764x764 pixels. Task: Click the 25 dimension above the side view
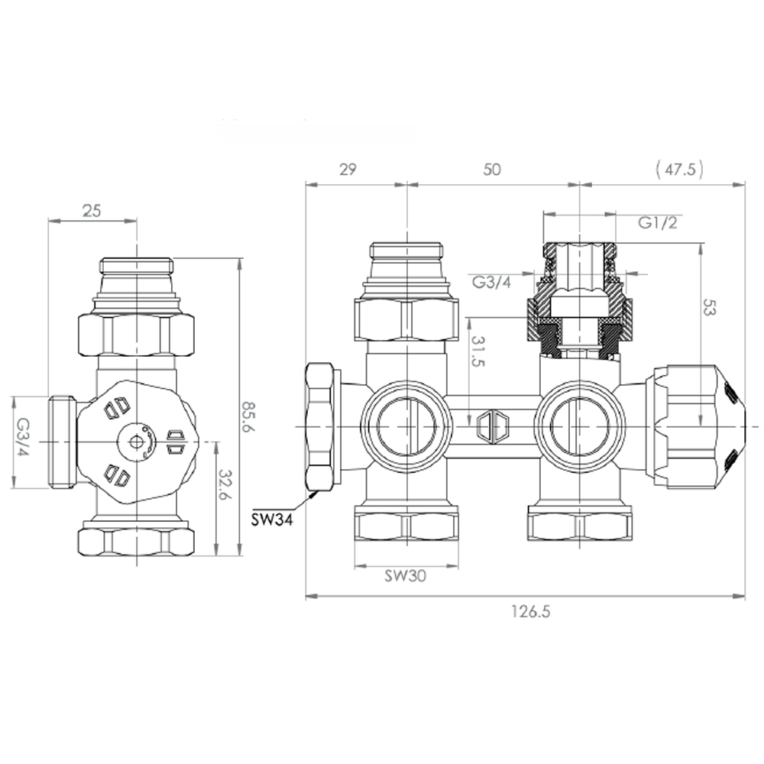pyautogui.click(x=92, y=211)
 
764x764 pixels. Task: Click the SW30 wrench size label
pyautogui.click(x=405, y=577)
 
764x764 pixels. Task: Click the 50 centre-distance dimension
pyautogui.click(x=493, y=170)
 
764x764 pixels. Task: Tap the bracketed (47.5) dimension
pyautogui.click(x=679, y=170)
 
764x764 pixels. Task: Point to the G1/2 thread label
pyautogui.click(x=659, y=223)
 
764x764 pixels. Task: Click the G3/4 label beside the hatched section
pyautogui.click(x=490, y=282)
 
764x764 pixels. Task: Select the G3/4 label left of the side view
pyautogui.click(x=23, y=442)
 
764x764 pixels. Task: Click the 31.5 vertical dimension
pyautogui.click(x=477, y=351)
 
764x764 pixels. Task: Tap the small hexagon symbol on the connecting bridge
pyautogui.click(x=492, y=425)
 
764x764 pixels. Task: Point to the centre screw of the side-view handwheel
pyautogui.click(x=136, y=441)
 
